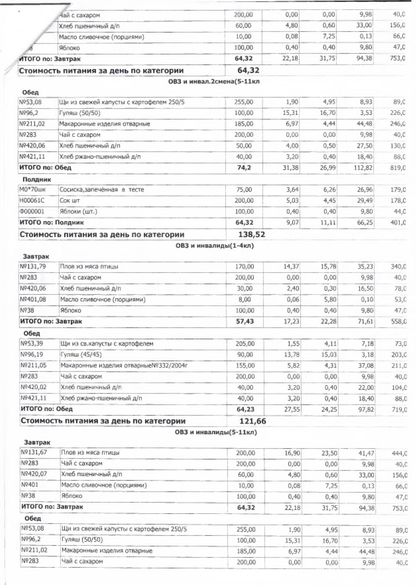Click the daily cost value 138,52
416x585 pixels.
coord(252,235)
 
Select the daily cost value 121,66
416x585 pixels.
coord(253,421)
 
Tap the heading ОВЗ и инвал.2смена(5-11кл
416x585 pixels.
coord(214,82)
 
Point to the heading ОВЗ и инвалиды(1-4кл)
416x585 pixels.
coord(215,246)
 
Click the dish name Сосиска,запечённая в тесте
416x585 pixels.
coord(102,190)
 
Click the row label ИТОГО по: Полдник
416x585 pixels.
coord(52,223)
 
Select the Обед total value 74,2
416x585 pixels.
coord(244,168)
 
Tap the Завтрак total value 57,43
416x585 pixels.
coord(245,321)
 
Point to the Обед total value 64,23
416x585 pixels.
coord(245,409)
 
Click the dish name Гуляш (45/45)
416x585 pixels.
coord(81,355)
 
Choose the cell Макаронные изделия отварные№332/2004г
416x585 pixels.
coord(124,366)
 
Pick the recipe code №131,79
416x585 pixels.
coord(33,266)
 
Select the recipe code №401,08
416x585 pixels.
coord(33,300)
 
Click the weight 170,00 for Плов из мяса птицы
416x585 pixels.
coord(244,266)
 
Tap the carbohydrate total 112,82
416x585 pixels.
coord(365,168)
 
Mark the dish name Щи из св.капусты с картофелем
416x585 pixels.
coord(107,344)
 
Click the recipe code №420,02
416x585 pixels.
coord(34,387)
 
